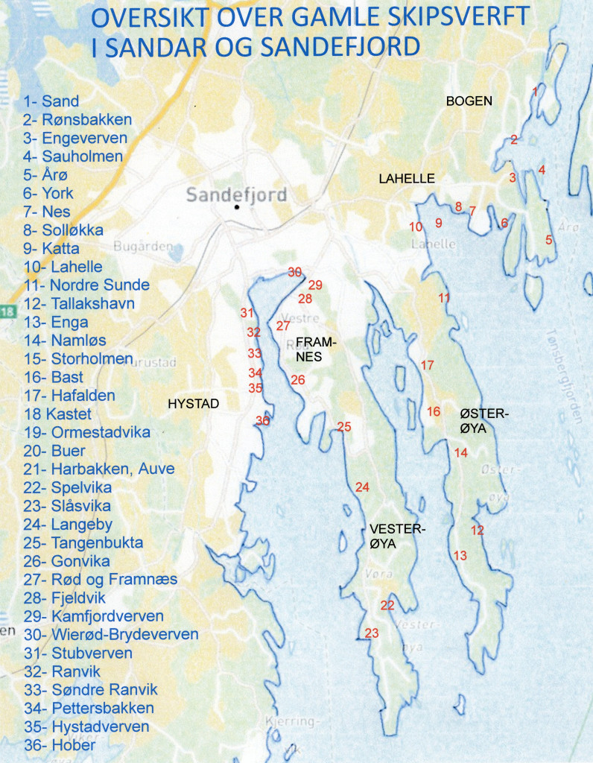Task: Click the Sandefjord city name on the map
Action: [236, 195]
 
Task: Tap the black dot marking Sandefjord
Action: [237, 207]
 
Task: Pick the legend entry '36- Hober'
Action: [59, 745]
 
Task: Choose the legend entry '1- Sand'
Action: [51, 101]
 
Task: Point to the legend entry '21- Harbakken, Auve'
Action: [98, 469]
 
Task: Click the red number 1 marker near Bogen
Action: [534, 91]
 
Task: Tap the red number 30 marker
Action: [295, 272]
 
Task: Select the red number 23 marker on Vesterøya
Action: [372, 633]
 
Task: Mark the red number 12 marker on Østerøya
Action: [478, 531]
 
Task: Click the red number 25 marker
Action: [343, 427]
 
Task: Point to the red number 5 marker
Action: [549, 240]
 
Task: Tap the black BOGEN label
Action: [469, 101]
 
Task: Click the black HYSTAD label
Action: [193, 403]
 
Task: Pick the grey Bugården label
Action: [142, 246]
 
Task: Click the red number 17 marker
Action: [427, 365]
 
